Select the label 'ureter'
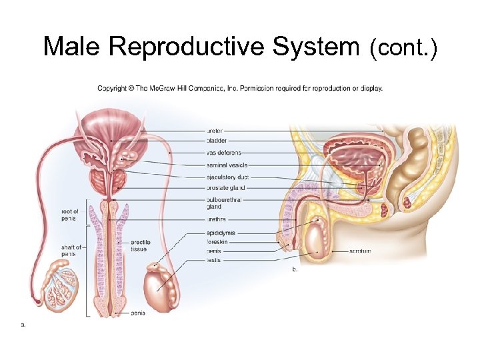215,131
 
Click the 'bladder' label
216,141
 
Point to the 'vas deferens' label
224,153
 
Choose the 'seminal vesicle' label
227,165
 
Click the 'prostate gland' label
225,187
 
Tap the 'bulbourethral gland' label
223,202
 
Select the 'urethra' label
216,219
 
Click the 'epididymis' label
221,233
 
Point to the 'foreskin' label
217,242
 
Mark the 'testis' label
214,260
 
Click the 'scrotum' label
360,251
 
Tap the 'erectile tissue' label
141,245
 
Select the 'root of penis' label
69,215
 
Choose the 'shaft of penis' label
69,250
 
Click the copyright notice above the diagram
240,88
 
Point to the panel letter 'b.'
295,270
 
